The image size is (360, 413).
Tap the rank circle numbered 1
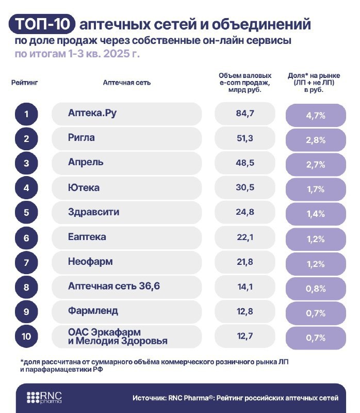pos(26,114)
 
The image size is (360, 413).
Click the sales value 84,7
pos(244,114)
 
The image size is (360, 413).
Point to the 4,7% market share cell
pos(316,115)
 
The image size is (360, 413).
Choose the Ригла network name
pos(81,138)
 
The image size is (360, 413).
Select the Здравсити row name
pos(93,212)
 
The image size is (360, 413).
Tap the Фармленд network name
pos(93,311)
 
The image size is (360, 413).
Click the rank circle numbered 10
pos(26,337)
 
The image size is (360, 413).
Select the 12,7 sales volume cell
pos(244,337)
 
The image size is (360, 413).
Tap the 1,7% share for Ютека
pos(316,189)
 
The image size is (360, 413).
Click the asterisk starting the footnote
pos(22,361)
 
